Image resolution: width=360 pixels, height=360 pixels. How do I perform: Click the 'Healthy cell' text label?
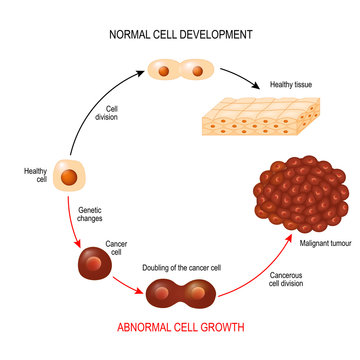(x=35, y=175)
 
